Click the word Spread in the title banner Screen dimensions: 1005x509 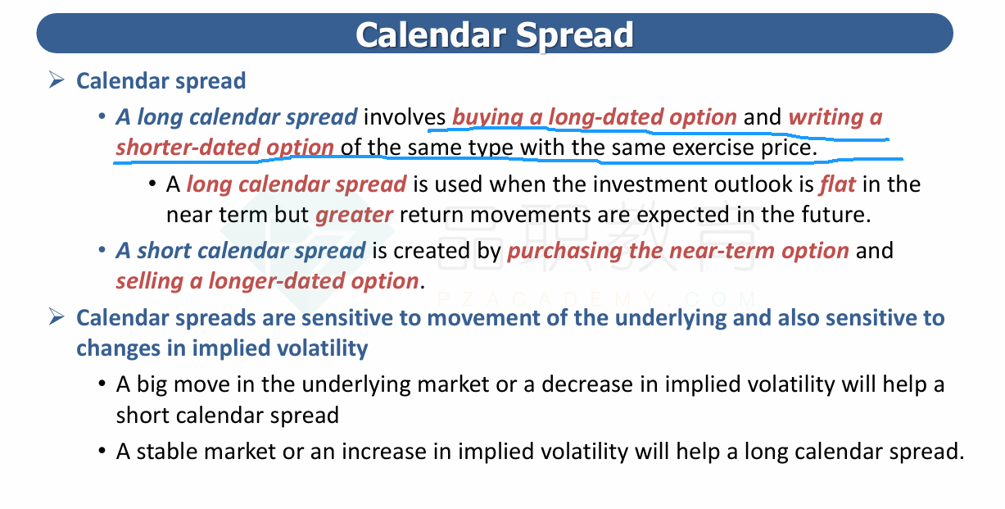[x=574, y=36]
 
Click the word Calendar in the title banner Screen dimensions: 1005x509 [x=431, y=34]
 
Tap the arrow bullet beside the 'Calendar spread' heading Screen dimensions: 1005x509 [x=57, y=80]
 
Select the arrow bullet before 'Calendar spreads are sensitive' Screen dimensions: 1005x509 [x=57, y=317]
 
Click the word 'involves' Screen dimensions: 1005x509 [x=405, y=117]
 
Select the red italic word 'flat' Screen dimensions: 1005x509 [x=838, y=184]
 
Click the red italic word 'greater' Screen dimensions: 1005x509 [x=355, y=216]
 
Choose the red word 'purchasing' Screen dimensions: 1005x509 [x=564, y=252]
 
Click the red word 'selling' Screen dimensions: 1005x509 [x=149, y=282]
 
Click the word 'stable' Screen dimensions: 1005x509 [x=167, y=452]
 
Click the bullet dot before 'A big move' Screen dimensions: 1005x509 [x=102, y=384]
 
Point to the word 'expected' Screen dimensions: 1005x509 [x=683, y=216]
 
